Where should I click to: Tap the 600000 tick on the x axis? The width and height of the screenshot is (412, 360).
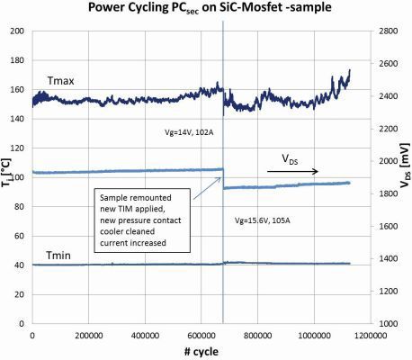[201, 335]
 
